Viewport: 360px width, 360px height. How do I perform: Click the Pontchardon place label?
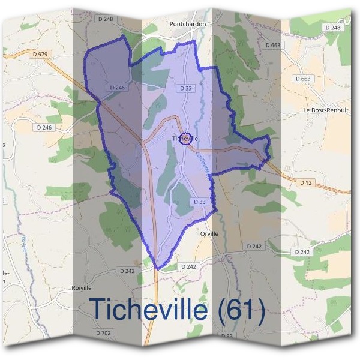pos(188,24)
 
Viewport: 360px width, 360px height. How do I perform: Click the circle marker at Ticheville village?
pos(185,139)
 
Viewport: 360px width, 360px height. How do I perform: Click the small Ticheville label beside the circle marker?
pos(185,139)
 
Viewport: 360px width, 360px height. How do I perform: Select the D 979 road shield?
pos(40,54)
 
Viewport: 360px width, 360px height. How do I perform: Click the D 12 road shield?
pos(305,181)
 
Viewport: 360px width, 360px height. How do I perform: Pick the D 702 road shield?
pos(104,332)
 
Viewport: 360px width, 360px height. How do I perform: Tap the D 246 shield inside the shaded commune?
pos(118,88)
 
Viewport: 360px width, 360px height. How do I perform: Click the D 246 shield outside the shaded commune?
pos(44,127)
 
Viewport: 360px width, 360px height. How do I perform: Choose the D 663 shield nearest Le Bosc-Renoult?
pos(304,79)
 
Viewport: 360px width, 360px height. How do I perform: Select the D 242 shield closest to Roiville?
pos(127,271)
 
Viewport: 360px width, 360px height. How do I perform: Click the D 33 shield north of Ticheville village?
pos(186,88)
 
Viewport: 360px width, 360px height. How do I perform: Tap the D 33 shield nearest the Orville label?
pos(200,202)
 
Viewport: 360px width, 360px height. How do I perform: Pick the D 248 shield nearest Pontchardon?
pos(104,19)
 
